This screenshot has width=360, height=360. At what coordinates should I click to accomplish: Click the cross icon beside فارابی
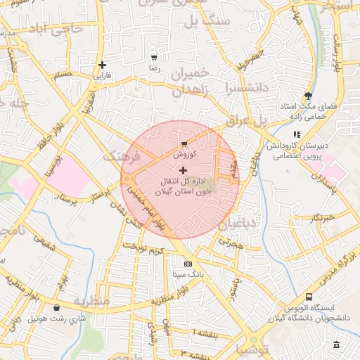click(102, 65)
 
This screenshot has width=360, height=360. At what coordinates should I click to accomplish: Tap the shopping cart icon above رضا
click(154, 58)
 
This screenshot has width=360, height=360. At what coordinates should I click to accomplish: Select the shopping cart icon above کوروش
click(184, 143)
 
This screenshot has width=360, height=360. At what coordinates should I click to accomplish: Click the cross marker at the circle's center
click(184, 170)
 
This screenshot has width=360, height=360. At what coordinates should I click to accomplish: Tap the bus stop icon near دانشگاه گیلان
click(309, 297)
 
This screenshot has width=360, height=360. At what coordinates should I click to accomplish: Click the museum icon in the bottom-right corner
click(337, 345)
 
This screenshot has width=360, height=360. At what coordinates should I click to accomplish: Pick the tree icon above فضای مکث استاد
click(308, 96)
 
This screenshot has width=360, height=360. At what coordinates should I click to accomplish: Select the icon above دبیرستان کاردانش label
click(297, 134)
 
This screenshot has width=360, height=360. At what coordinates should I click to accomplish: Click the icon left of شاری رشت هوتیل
click(56, 307)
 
